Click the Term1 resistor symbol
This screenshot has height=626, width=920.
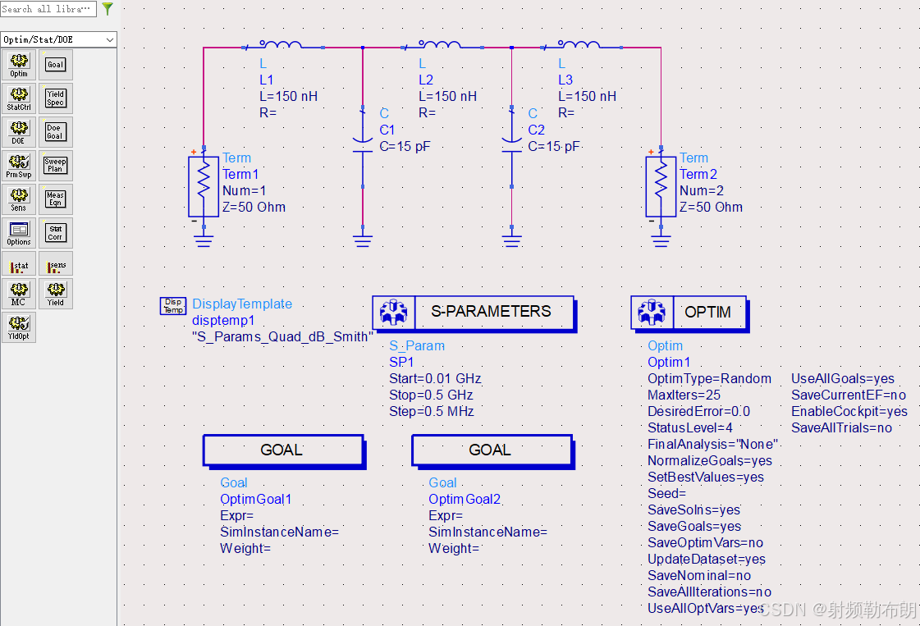pyautogui.click(x=202, y=185)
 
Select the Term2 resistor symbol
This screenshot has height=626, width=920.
pyautogui.click(x=660, y=185)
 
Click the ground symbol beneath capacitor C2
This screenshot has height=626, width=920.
pyautogui.click(x=511, y=240)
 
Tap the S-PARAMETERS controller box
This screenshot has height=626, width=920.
pyautogui.click(x=474, y=313)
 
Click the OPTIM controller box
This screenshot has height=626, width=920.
pyautogui.click(x=689, y=313)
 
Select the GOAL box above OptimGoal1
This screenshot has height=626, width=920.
pyautogui.click(x=282, y=450)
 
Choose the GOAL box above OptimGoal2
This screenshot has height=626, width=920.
pyautogui.click(x=491, y=450)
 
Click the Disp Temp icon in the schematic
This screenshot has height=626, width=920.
pyautogui.click(x=173, y=306)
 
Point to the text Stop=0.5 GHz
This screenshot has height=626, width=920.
pyautogui.click(x=431, y=395)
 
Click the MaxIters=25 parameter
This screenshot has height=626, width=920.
pyautogui.click(x=684, y=395)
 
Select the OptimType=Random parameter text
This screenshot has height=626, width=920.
pyautogui.click(x=710, y=379)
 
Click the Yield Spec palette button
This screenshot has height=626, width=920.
pyautogui.click(x=55, y=98)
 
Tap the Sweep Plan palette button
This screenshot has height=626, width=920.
pyautogui.click(x=55, y=165)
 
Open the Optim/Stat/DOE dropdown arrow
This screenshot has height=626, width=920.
pyautogui.click(x=110, y=39)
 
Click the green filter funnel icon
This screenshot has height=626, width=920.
pyautogui.click(x=107, y=9)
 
